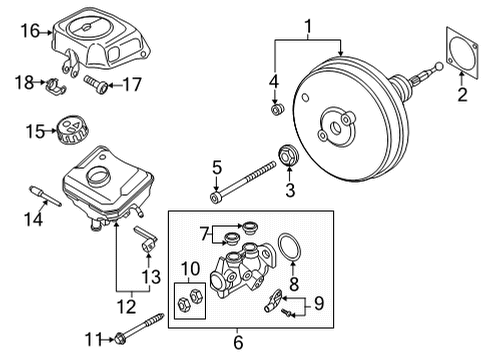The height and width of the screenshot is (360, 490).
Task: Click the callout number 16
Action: pos(30,31)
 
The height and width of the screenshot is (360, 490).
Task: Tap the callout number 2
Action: pos(462,94)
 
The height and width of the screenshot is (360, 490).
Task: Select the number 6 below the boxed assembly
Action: pos(238,343)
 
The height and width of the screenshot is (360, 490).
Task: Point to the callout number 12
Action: pos(127,307)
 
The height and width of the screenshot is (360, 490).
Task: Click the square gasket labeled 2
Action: pos(462,53)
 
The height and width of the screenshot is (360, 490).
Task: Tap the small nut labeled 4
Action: pos(277,109)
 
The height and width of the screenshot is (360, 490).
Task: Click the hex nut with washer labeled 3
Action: pos(288,155)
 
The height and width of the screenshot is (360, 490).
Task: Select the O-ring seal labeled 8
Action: pos(290,248)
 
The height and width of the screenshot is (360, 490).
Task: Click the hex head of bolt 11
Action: pos(120,340)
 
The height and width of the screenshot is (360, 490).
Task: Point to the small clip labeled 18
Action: pos(56,86)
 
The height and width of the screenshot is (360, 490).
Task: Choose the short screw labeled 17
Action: pos(95,84)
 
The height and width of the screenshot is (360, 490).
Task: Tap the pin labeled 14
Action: pos(45,196)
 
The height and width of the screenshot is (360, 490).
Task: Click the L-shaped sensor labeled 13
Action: pos(146,240)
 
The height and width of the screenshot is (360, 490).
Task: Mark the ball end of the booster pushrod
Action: pos(439,66)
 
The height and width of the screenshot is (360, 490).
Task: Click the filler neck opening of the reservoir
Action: pos(98,175)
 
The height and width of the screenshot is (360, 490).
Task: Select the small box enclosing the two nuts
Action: pos(190,301)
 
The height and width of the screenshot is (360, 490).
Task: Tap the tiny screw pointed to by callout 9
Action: pos(286,312)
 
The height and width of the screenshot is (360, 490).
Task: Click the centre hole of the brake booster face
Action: pos(335,128)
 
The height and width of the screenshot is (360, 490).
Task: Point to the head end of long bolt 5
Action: pos(215,197)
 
